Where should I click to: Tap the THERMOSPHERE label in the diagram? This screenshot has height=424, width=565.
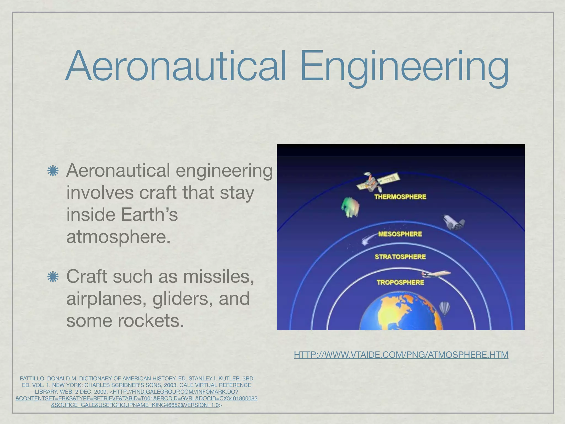click(x=400, y=197)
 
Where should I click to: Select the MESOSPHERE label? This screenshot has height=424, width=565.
click(x=400, y=234)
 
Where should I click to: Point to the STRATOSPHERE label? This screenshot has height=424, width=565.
click(x=400, y=257)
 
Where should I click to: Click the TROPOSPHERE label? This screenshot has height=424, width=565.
click(x=400, y=282)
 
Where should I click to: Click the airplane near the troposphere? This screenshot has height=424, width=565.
click(x=435, y=274)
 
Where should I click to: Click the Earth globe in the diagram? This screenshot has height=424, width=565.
click(x=401, y=313)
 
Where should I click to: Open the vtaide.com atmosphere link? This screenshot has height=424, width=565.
click(x=401, y=354)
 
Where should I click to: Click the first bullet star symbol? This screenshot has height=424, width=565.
click(x=53, y=171)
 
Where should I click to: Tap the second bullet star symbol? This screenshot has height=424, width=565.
click(x=53, y=277)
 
